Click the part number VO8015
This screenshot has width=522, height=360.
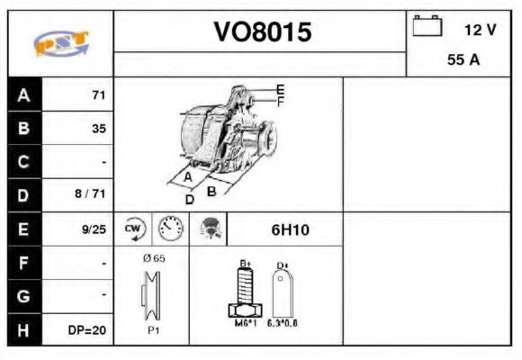click(261, 32)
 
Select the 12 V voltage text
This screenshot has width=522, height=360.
click(480, 30)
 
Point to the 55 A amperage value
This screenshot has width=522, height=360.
click(463, 61)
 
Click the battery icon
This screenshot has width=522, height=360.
click(427, 26)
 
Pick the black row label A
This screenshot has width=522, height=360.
click(23, 95)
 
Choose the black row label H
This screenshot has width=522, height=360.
click(23, 330)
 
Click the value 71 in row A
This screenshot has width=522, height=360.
click(99, 95)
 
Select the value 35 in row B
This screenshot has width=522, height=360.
click(99, 129)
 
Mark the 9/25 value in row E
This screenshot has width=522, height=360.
click(92, 229)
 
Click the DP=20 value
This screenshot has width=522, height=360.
click(87, 330)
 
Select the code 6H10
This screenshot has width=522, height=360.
click(290, 229)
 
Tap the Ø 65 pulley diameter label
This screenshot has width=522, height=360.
click(153, 258)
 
